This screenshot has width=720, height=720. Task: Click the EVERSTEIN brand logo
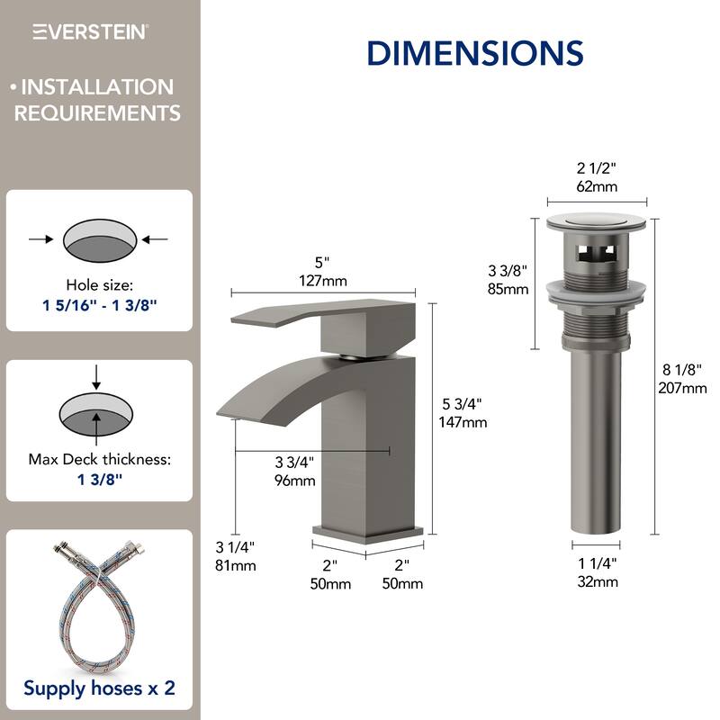coord(91,32)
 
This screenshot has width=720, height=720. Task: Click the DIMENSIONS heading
coord(474,52)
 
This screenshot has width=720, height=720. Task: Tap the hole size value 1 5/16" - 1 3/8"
coord(100,304)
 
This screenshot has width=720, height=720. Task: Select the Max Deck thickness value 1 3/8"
coord(100,478)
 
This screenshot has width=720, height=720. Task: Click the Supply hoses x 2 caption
coord(100,688)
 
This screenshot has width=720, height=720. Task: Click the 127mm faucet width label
coord(323,279)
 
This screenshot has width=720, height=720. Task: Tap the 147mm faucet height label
coord(462,422)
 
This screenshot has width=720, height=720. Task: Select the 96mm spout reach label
coord(295,480)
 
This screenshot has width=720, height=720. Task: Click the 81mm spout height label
coord(236,565)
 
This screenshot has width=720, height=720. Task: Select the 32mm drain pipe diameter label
coord(597,581)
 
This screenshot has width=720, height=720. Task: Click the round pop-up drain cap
coord(597,222)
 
